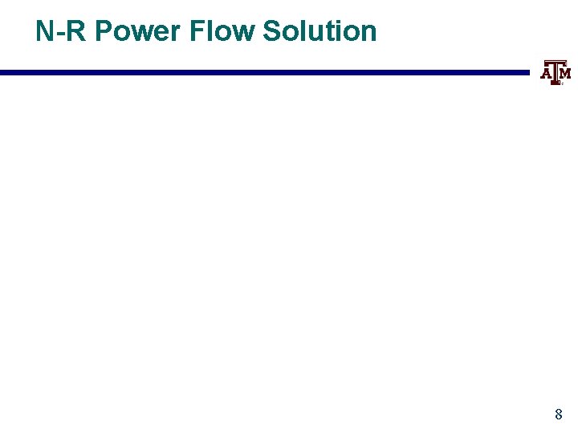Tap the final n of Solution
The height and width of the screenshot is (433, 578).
(368, 32)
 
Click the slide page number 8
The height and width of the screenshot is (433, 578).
(559, 415)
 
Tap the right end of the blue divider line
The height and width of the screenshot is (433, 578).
(528, 73)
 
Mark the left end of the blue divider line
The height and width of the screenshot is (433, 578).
(2, 73)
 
